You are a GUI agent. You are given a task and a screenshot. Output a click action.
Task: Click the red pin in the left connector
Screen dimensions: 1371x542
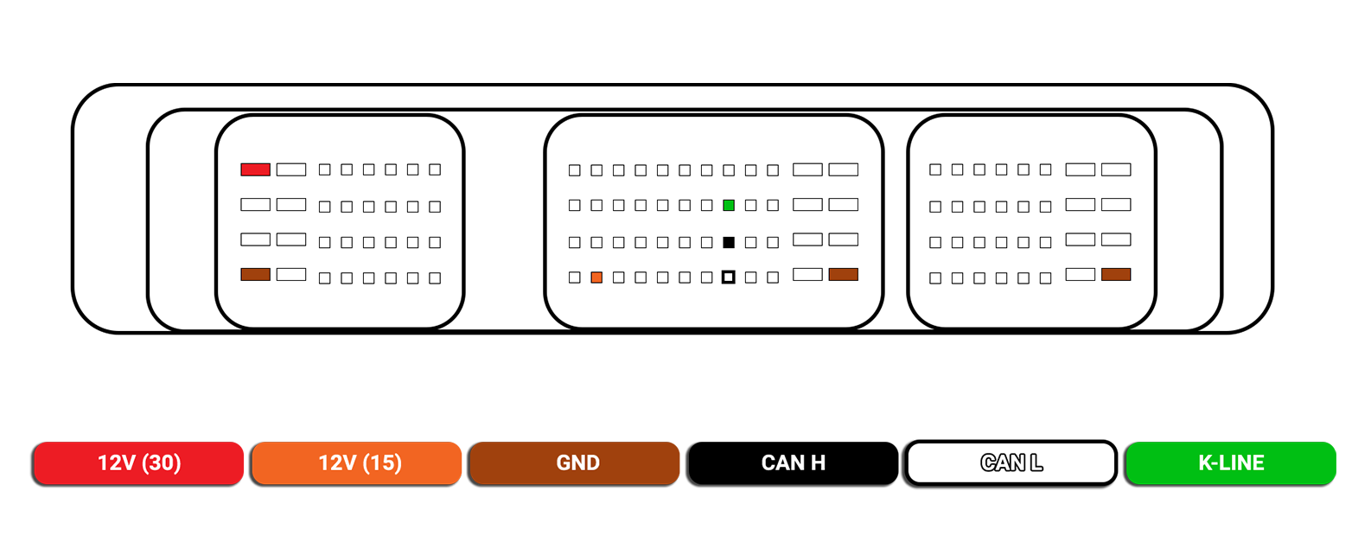click(x=255, y=169)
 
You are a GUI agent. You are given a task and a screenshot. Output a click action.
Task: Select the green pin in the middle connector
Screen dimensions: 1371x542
click(x=729, y=206)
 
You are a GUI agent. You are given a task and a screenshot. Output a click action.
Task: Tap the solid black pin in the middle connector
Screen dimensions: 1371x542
click(x=729, y=242)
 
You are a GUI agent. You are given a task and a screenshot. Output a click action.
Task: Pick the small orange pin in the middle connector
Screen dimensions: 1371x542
click(x=596, y=277)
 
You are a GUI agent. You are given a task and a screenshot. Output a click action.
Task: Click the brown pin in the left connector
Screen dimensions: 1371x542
click(x=255, y=274)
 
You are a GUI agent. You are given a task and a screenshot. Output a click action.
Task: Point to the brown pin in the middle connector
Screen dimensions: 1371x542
click(x=844, y=274)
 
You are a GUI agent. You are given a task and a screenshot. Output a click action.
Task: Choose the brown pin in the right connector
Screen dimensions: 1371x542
click(x=1116, y=274)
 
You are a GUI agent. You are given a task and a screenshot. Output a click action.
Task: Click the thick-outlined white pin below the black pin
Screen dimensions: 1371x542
click(x=729, y=277)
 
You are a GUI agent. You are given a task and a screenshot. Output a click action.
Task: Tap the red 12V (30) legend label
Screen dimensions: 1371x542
click(x=138, y=463)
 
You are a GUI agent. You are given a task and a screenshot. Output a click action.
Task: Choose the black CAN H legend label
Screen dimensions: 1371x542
click(x=793, y=463)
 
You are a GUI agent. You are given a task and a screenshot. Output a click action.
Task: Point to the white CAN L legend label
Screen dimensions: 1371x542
click(x=1011, y=463)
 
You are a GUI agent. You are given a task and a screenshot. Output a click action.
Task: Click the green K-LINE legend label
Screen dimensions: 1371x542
click(x=1230, y=463)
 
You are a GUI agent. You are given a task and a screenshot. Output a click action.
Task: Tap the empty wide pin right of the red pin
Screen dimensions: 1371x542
click(x=291, y=169)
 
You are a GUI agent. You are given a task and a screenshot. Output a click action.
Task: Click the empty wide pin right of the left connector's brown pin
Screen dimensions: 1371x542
click(x=291, y=274)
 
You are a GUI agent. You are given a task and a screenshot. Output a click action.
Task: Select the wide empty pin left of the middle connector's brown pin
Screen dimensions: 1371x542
click(x=807, y=274)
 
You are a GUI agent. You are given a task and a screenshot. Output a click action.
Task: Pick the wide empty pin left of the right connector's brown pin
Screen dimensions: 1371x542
click(x=1081, y=274)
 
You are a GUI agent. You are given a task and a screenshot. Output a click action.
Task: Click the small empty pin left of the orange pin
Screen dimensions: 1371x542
click(x=574, y=277)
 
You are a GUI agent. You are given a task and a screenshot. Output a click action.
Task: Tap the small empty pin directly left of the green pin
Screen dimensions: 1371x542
click(x=706, y=206)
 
